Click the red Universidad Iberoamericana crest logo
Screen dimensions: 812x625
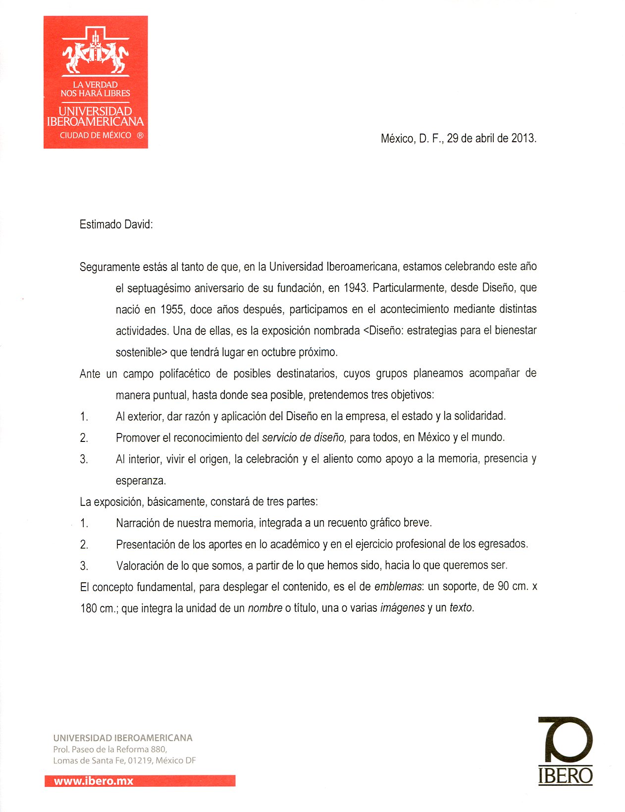[96, 82]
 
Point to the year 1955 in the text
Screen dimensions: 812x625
[172, 310]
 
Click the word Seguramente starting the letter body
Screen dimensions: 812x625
[109, 267]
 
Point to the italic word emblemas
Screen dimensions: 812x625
[398, 587]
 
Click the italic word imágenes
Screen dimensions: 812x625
[402, 608]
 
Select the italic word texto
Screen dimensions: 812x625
[461, 608]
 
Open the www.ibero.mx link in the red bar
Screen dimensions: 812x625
[94, 781]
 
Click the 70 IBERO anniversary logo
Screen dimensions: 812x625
[565, 751]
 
